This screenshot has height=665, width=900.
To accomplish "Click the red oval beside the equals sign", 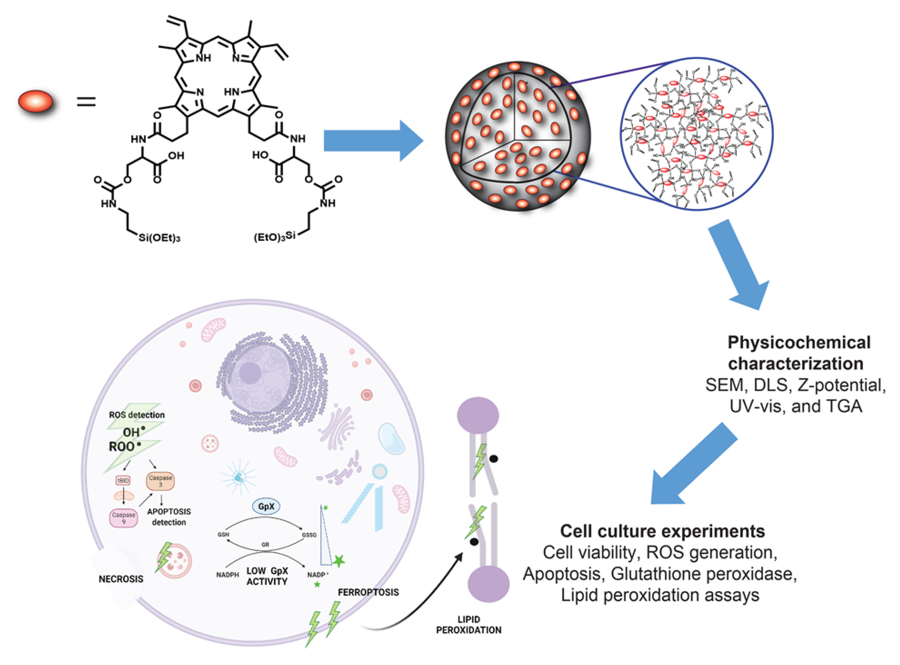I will pyautogui.click(x=35, y=102).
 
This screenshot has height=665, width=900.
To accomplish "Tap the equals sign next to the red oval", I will pyautogui.click(x=86, y=102).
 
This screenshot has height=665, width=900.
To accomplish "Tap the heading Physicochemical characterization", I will pyautogui.click(x=798, y=353).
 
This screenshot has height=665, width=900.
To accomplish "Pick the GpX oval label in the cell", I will pyautogui.click(x=266, y=506).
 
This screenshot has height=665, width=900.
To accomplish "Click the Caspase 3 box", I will pyautogui.click(x=160, y=481).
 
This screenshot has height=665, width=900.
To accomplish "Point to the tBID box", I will pyautogui.click(x=123, y=481).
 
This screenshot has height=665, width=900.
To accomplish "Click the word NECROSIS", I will pyautogui.click(x=121, y=579).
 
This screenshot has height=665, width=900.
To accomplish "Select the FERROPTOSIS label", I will pyautogui.click(x=368, y=592).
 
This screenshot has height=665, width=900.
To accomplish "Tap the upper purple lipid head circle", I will pyautogui.click(x=478, y=415).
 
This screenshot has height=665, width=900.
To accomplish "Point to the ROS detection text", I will pyautogui.click(x=137, y=415).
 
